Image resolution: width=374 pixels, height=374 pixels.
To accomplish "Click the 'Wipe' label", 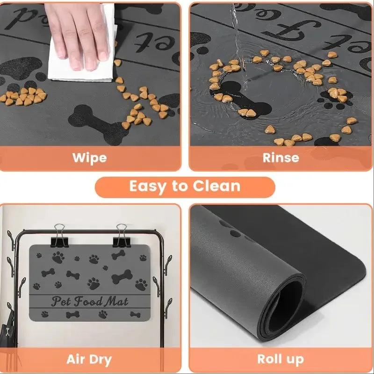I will (90, 157).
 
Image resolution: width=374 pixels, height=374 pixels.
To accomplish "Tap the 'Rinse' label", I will (280, 157).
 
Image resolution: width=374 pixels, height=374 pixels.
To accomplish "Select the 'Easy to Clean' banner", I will (185, 187).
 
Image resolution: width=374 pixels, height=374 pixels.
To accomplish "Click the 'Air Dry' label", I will (89, 360).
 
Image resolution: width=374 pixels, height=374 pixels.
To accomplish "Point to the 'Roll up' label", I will (280, 360).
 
